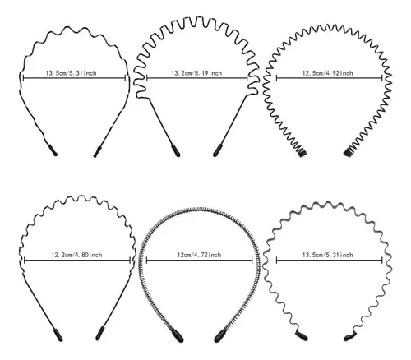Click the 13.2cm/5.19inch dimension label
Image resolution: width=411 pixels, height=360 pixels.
[x=196, y=73]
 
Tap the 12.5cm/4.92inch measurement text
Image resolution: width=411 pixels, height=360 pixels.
[x=327, y=73]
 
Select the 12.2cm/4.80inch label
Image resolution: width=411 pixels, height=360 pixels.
[x=76, y=255]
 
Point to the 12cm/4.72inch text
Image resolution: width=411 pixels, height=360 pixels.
[x=199, y=255]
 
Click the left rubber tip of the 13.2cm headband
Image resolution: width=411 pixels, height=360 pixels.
[x=176, y=150]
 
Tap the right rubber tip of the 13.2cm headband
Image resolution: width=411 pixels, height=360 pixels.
[x=217, y=150]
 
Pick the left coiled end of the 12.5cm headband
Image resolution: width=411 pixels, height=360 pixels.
[x=302, y=152]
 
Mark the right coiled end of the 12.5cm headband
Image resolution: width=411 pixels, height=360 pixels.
[x=349, y=152]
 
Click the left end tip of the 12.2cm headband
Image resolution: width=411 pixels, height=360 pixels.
[x=58, y=335]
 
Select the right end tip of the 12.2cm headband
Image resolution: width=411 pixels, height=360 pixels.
[x=100, y=334]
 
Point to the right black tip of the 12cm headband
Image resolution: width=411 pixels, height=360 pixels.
[x=220, y=336]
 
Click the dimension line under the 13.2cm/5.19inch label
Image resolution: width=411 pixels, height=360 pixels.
[x=197, y=78]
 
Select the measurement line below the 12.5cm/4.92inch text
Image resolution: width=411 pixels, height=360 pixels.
[x=330, y=78]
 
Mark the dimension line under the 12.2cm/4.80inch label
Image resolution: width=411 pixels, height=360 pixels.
[x=77, y=261]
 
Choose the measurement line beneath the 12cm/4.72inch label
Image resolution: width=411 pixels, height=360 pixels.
[x=200, y=261]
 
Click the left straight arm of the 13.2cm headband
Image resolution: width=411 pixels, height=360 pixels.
[x=161, y=122]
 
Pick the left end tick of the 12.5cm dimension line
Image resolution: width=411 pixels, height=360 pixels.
[x=276, y=78]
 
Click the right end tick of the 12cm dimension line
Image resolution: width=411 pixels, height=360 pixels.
[x=252, y=261]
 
